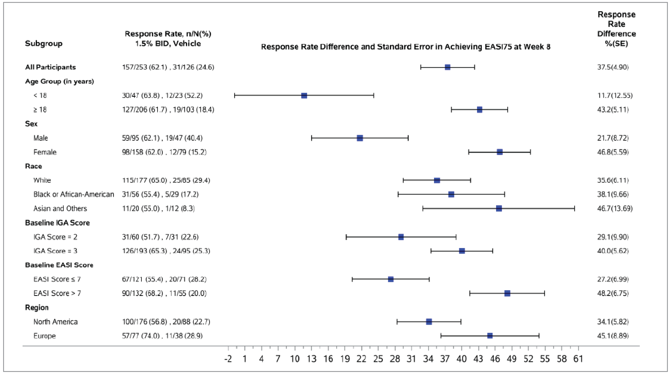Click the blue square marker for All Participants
coord(447,67)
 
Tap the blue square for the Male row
coord(360,138)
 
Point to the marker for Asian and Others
coord(499,208)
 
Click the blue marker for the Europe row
coord(490,336)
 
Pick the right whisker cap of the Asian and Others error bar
coord(574,208)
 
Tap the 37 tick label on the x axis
coord(445,359)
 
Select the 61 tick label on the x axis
coord(578,359)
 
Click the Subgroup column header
coord(44,43)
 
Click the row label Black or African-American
coord(74,194)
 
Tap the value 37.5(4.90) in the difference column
coord(613,67)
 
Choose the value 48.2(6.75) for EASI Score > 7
coord(613,293)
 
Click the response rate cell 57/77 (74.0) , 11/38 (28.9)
coord(162,336)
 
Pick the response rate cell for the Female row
coord(164,152)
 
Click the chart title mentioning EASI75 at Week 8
coord(406,47)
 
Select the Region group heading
coord(37,308)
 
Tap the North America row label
coord(55,322)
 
